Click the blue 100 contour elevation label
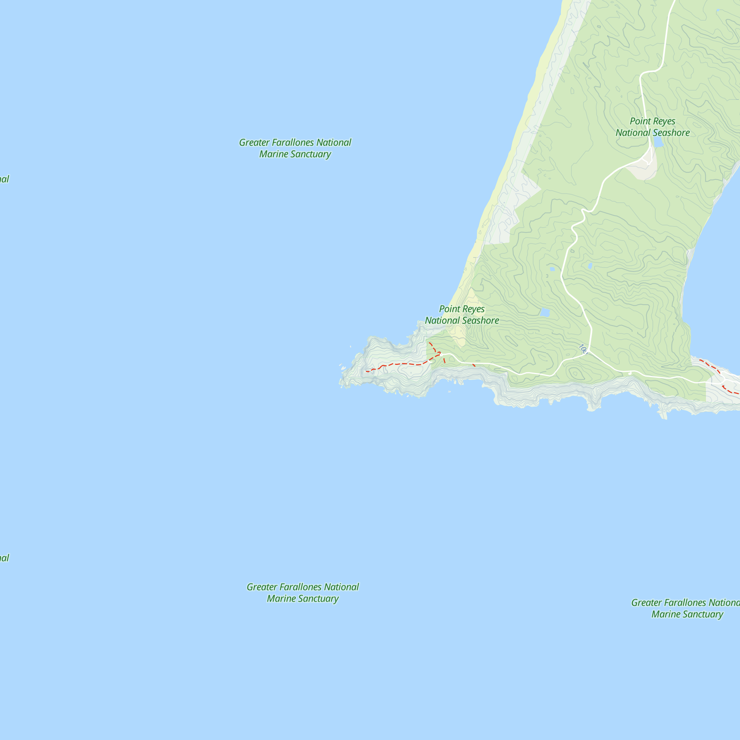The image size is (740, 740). coord(583,349)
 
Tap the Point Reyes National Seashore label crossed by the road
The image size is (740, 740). coord(653,127)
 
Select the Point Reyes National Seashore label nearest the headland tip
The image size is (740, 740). coord(462,314)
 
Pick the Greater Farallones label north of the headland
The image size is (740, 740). coord(295,148)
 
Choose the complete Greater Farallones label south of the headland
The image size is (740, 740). coord(303,592)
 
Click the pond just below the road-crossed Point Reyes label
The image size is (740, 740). coord(658,142)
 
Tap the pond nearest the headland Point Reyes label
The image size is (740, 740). coord(545,313)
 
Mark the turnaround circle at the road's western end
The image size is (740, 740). coord(442,355)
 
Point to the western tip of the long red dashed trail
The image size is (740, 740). coord(367,371)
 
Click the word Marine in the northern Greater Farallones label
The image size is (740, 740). coord(274,154)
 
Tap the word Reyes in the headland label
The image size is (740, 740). coord(474,309)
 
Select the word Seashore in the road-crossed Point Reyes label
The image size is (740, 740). coord(672,133)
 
